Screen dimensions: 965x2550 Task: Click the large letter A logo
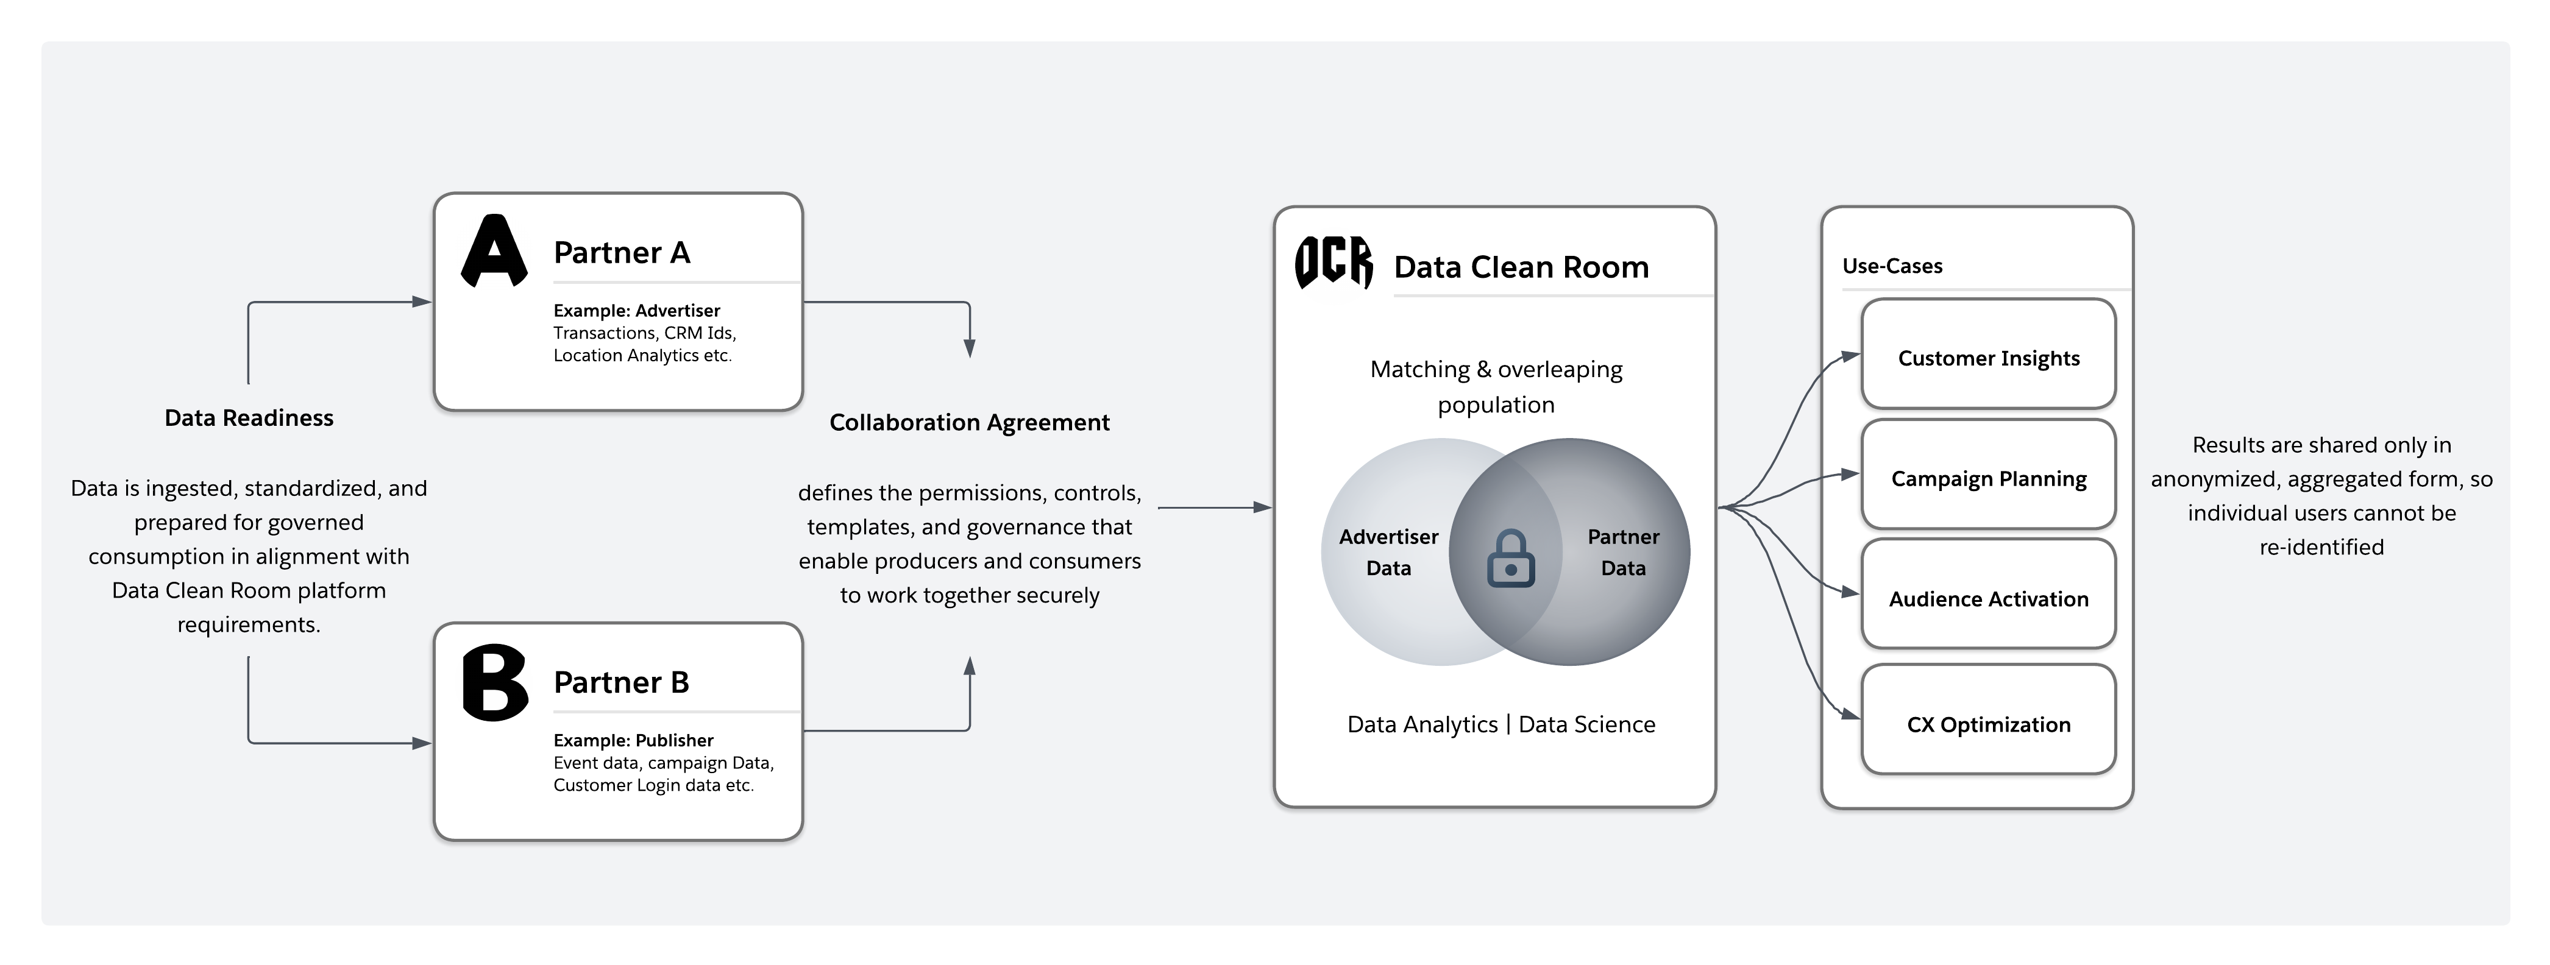point(494,252)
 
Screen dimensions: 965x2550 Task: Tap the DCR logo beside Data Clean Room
point(1334,263)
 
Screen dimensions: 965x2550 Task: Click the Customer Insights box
point(1987,358)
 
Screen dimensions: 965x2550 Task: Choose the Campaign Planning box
point(1987,479)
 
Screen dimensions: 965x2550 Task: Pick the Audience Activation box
point(1987,599)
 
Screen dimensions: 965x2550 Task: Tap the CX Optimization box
point(1987,724)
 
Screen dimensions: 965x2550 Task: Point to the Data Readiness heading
point(249,418)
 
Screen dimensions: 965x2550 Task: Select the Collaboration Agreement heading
point(969,423)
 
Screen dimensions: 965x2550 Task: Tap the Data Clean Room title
point(1521,267)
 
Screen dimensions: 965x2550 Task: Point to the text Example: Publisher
point(633,740)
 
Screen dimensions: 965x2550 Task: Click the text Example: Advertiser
point(636,311)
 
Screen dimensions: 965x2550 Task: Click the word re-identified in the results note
point(2321,547)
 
